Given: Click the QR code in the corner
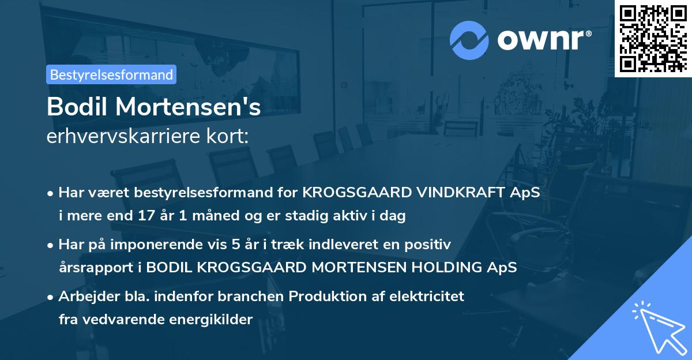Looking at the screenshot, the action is coord(653,38).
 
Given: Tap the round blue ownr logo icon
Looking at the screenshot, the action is coord(469,40).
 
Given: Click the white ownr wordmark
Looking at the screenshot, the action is coord(541,40).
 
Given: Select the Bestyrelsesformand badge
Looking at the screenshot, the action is coord(111,74).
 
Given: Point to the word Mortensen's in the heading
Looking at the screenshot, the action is coord(188,107).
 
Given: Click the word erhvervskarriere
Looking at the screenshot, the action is coord(123,136).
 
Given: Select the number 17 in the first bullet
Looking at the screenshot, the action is coord(146,215).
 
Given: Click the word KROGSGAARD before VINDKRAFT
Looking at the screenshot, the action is coord(357,192).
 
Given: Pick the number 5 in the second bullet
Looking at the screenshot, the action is coord(236,244).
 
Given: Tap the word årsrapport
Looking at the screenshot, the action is coord(96,268).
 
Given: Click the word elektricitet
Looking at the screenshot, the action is coord(427,296).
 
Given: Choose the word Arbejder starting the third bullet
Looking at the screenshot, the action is coord(89,297).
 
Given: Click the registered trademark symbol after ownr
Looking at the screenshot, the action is coord(589,33).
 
